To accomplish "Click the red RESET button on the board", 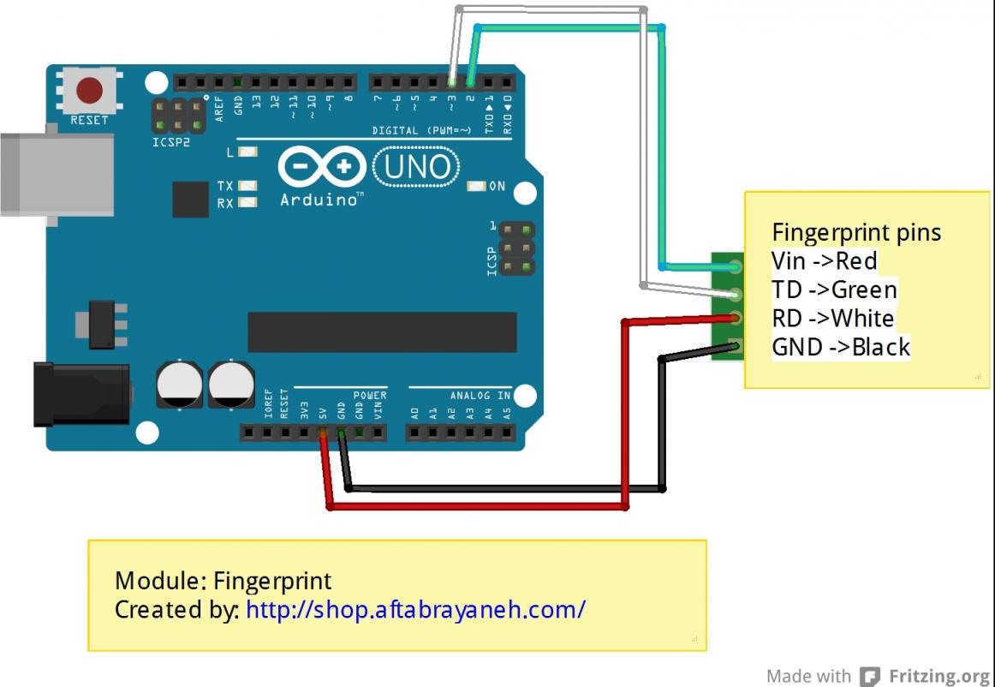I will point(89,89).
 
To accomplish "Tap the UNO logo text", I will point(416,166).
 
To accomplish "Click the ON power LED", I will point(476,186).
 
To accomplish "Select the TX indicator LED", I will point(248,186).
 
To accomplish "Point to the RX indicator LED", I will point(248,203).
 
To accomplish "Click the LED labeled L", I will point(248,152).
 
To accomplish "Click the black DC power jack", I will point(81,393).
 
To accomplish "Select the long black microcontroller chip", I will point(382,332).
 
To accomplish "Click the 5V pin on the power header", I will point(323,433).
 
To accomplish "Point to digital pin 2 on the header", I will point(470,83).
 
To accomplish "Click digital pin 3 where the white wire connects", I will point(452,83).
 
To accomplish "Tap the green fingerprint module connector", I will point(727,305).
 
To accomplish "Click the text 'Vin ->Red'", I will point(825,260).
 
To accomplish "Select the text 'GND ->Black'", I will point(841,347).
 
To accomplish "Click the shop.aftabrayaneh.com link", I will point(415,609).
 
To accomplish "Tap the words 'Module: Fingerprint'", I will point(223,581).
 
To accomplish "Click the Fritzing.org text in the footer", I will point(938,675).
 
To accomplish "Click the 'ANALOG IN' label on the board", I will point(480,396).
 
